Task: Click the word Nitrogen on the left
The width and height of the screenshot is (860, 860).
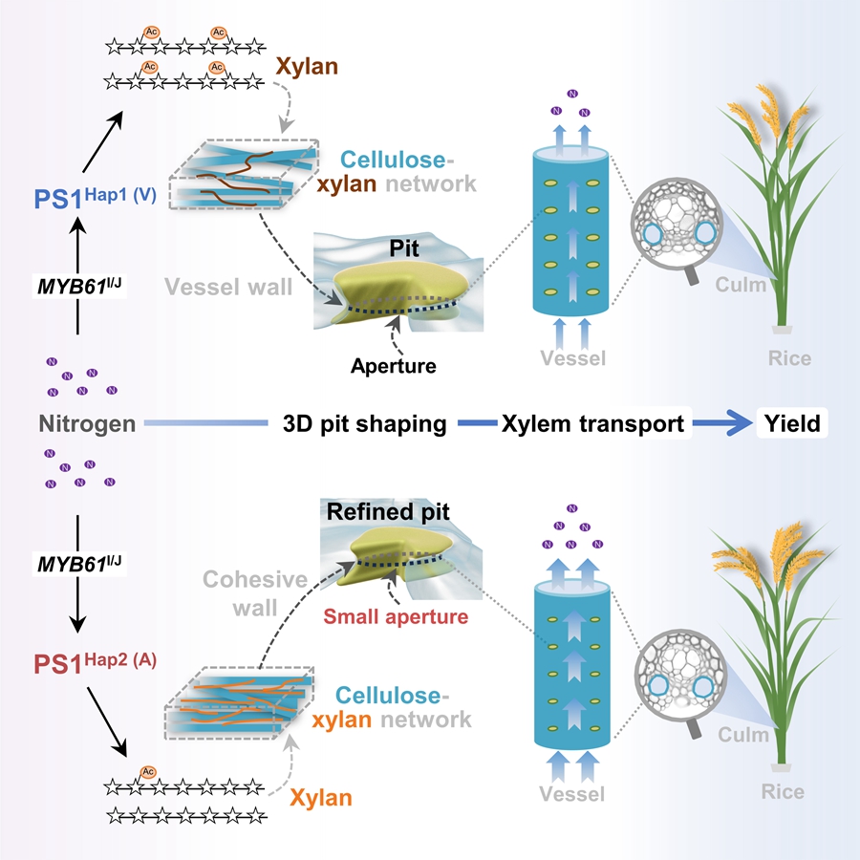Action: [87, 422]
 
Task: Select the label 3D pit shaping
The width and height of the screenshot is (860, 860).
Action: [366, 423]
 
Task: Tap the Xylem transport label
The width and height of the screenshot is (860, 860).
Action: [592, 423]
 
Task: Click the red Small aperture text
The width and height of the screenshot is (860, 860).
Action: [406, 616]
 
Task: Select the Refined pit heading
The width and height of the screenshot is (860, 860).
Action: [388, 512]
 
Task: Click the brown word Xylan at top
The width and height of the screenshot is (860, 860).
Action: [306, 66]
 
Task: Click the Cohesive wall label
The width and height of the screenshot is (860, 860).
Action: [254, 593]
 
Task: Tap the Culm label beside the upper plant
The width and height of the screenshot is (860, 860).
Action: [742, 284]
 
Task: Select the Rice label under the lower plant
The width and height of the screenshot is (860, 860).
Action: [783, 791]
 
